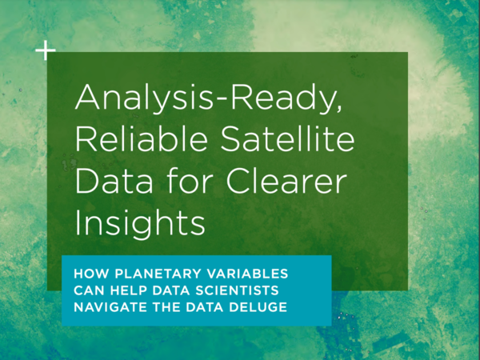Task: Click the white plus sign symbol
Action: click(x=46, y=50)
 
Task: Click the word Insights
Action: click(x=140, y=223)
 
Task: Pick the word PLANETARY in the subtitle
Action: click(x=158, y=274)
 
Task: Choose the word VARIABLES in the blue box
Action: click(x=247, y=274)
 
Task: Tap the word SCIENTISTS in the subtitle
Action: click(x=237, y=290)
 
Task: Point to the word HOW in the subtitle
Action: click(x=91, y=274)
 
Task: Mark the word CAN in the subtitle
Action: click(x=89, y=290)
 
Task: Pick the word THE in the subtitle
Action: click(x=166, y=307)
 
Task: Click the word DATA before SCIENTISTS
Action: click(x=171, y=290)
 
